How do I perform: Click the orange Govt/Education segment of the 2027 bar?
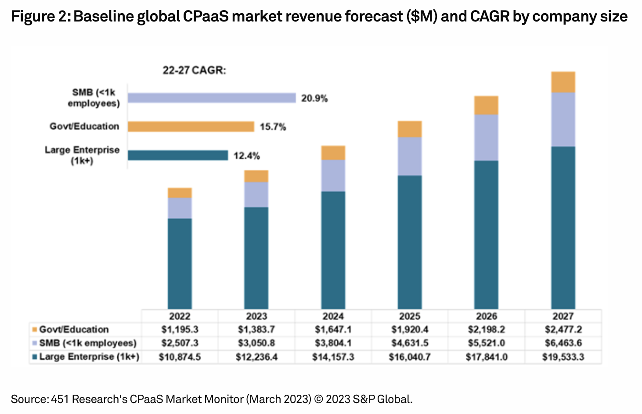(563, 82)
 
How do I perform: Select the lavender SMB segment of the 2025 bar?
(410, 157)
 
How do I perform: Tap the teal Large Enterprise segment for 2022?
(180, 263)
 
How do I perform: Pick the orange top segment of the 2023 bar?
(256, 176)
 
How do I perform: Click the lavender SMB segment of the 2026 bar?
(486, 138)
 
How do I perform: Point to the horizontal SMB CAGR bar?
(212, 98)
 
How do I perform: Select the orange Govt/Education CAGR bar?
(191, 127)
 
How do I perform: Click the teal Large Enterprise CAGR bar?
(178, 155)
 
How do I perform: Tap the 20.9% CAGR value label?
(314, 98)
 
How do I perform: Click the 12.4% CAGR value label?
(247, 156)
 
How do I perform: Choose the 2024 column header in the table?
(333, 316)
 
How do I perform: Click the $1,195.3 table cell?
(180, 329)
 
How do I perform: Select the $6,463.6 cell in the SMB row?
(563, 343)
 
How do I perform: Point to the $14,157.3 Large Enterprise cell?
(333, 357)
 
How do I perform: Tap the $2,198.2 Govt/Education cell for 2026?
(486, 329)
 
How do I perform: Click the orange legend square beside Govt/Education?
(35, 329)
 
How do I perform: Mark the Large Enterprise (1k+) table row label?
(89, 357)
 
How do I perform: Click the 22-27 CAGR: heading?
(194, 70)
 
